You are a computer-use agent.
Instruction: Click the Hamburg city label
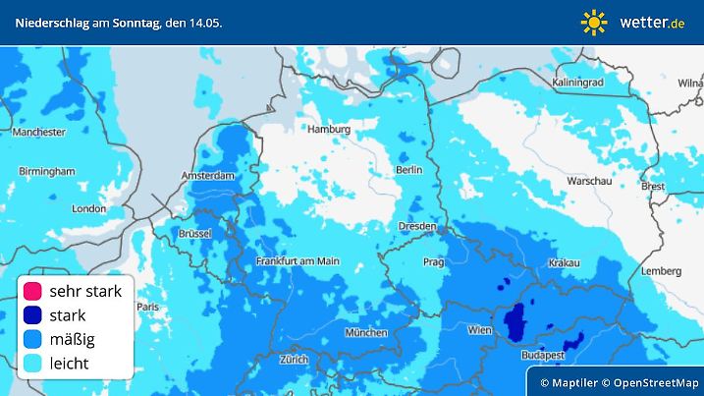pyautogui.click(x=329, y=129)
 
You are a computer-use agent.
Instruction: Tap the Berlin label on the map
pyautogui.click(x=408, y=169)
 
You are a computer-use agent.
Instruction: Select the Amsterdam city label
pyautogui.click(x=208, y=176)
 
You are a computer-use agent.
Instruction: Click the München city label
pyautogui.click(x=366, y=333)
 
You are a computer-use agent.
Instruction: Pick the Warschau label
pyautogui.click(x=589, y=183)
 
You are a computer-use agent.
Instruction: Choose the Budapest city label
pyautogui.click(x=541, y=354)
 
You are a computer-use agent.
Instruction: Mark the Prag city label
pyautogui.click(x=433, y=262)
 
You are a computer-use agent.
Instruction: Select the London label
pyautogui.click(x=88, y=208)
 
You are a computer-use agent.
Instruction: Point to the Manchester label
pyautogui.click(x=39, y=131)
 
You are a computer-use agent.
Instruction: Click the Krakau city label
pyautogui.click(x=565, y=262)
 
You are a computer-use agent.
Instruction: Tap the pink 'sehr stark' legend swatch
pyautogui.click(x=32, y=291)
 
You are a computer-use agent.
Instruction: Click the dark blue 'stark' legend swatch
pyautogui.click(x=32, y=315)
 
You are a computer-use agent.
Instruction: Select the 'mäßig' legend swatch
pyautogui.click(x=32, y=339)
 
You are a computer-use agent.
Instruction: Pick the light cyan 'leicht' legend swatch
pyautogui.click(x=32, y=364)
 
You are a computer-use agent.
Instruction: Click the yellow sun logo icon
pyautogui.click(x=594, y=22)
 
